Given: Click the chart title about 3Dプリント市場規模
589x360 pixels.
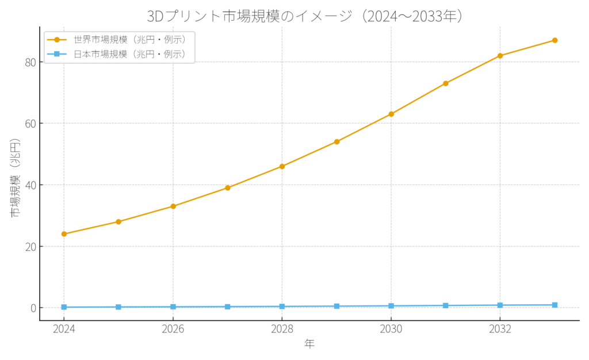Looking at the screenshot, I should click(x=305, y=16).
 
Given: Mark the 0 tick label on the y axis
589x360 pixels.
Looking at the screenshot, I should click(x=32, y=308).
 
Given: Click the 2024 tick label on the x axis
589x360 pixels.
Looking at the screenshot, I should click(x=64, y=329).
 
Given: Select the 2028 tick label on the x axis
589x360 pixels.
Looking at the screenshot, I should click(x=282, y=329).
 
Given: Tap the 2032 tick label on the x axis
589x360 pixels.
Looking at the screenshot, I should click(x=500, y=329).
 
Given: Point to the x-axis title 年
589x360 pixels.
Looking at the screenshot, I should click(x=309, y=344).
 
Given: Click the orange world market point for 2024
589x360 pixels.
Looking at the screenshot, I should click(x=64, y=234).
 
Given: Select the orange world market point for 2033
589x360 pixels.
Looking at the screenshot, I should click(x=554, y=40).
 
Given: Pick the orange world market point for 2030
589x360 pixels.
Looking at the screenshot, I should click(x=391, y=114).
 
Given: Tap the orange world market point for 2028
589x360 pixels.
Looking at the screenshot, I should click(x=282, y=166).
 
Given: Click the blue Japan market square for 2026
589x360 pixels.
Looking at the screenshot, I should click(x=173, y=307).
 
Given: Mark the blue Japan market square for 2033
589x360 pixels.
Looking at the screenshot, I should click(x=554, y=305).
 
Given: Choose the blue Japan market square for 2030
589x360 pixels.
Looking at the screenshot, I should click(x=391, y=306).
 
